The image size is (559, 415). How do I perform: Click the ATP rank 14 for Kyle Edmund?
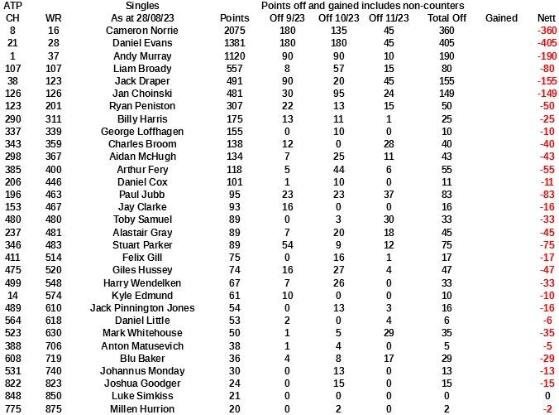[x=12, y=295]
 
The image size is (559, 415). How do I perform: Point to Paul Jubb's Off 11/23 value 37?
[x=389, y=194]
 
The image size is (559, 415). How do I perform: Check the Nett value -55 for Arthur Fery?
[x=547, y=169]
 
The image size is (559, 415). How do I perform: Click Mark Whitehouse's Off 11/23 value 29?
[x=389, y=334]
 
